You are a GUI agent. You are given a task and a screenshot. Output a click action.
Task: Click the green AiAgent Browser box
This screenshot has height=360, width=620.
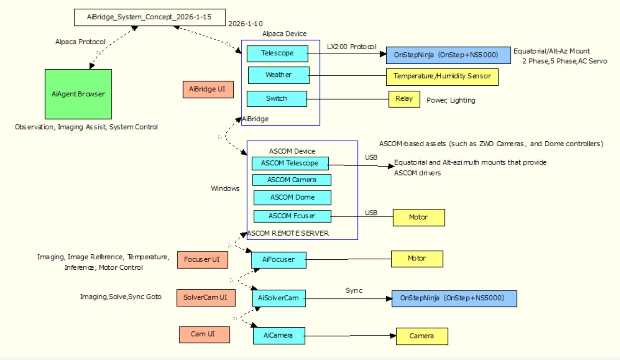coord(78,94)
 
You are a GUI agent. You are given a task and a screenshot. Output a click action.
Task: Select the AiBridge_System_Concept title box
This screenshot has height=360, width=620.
coord(150,17)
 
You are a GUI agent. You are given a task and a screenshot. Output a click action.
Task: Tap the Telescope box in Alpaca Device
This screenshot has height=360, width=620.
coord(277,53)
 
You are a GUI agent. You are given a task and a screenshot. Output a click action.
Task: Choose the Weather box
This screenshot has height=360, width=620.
coord(279,75)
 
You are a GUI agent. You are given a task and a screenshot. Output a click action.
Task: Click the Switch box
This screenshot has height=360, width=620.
coord(276,99)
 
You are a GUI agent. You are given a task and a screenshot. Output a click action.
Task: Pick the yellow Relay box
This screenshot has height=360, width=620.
coord(404,99)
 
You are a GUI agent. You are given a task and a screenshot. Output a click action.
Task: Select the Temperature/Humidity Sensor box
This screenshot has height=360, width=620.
coord(442,77)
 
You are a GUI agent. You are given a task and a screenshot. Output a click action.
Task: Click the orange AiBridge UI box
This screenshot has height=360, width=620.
coord(208,89)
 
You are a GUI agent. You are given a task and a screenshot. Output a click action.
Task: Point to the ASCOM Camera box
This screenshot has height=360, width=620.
coord(291,180)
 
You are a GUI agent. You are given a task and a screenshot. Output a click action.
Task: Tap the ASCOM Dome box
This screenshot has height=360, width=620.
coord(292,198)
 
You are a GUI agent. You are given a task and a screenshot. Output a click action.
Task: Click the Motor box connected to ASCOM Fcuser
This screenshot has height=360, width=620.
coord(419,217)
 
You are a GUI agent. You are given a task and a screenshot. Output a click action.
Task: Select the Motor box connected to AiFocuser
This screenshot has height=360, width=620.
coord(417,259)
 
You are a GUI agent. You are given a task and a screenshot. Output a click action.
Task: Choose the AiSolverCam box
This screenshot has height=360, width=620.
coord(279,298)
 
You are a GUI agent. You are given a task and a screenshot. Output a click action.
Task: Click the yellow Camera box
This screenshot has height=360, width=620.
coord(421,336)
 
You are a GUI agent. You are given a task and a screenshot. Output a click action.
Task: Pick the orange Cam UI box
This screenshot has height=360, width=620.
coord(204,334)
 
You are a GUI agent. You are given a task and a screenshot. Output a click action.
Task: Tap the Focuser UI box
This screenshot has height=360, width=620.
coord(202,260)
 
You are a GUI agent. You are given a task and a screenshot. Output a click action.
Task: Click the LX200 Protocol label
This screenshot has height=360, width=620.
coord(351,47)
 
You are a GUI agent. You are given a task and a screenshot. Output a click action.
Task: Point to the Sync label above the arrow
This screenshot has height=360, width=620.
coord(354,290)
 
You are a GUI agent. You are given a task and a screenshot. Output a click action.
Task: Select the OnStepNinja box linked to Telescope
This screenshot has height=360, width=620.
coord(448,55)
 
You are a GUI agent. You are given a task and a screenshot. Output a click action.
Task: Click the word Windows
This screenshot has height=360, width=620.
coord(225,188)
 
